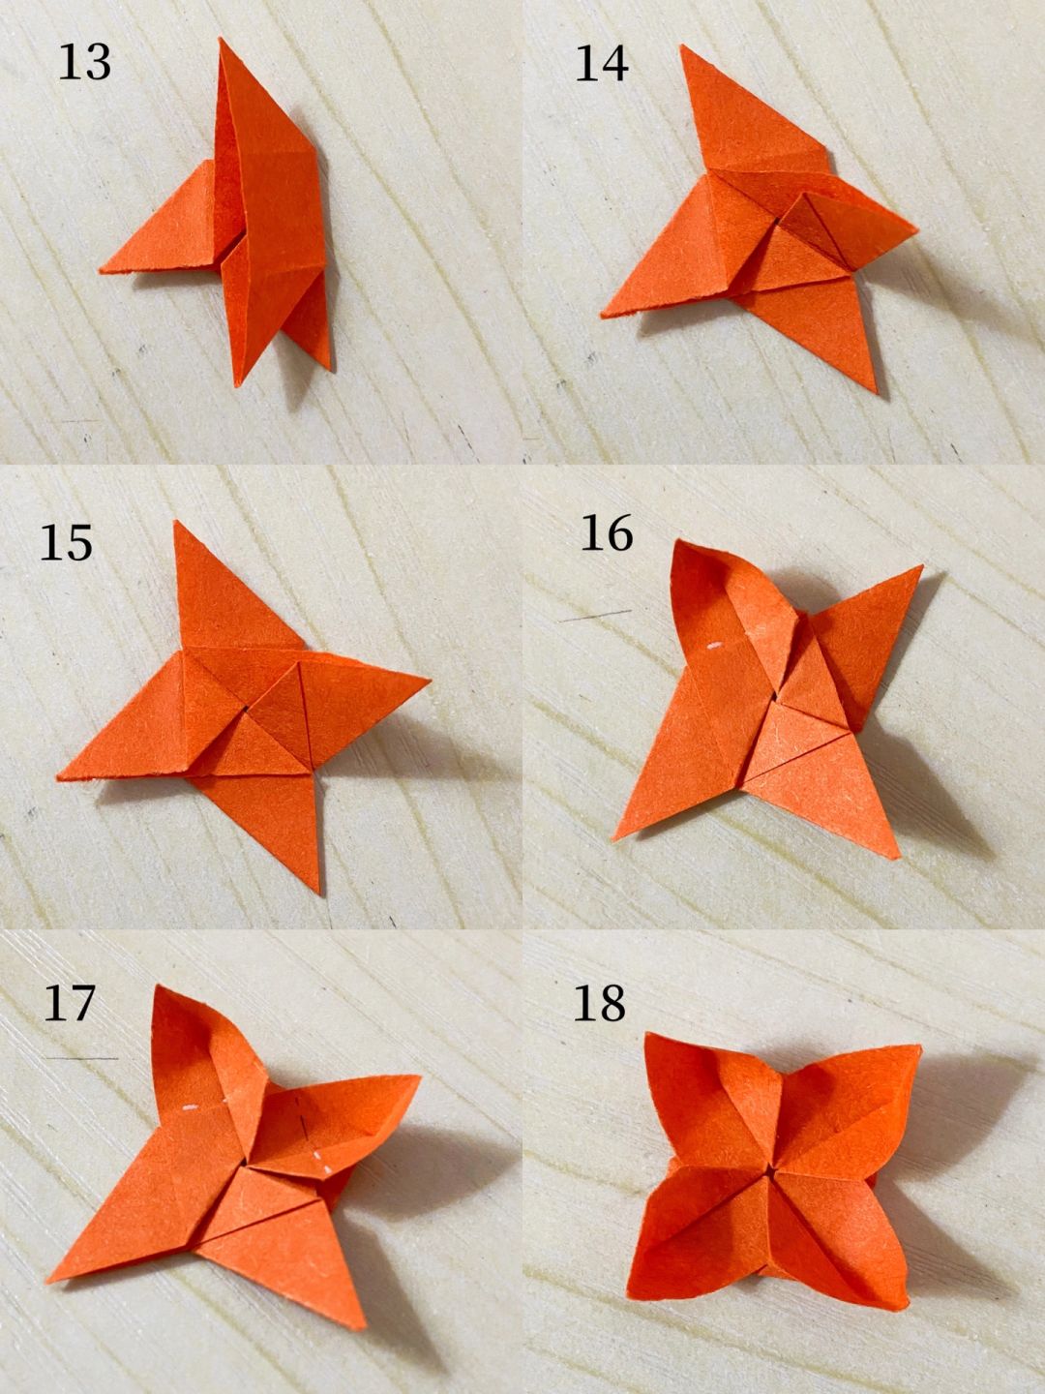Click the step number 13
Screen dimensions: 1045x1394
[x=84, y=62]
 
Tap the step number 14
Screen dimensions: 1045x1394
[x=602, y=64]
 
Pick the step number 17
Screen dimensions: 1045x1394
[x=69, y=1003]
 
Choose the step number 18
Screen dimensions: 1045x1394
[x=599, y=1003]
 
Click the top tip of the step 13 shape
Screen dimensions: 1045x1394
[x=221, y=38]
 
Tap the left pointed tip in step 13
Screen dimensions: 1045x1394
[x=101, y=272]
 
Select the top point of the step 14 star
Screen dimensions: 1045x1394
[x=681, y=45]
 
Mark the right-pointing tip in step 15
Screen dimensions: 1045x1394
[x=431, y=681]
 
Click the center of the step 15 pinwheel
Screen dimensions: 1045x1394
[x=245, y=707]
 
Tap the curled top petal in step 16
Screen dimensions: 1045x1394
[x=730, y=610]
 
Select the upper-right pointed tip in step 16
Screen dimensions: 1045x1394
[x=922, y=566]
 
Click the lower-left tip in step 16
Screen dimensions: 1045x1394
[x=614, y=840]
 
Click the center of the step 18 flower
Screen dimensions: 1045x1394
[x=771, y=1167]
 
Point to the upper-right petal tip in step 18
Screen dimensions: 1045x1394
[x=920, y=1046]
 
